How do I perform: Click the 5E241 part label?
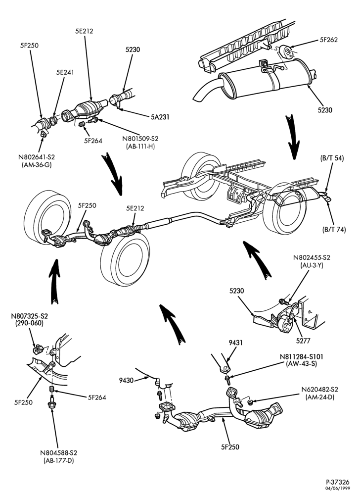click(x=65, y=72)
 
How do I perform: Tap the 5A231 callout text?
click(x=160, y=117)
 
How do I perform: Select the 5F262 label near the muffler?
click(x=328, y=40)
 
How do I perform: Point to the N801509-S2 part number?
click(x=140, y=139)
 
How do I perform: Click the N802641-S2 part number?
click(x=37, y=157)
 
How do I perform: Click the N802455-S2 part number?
click(x=312, y=257)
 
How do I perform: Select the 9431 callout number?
click(x=235, y=343)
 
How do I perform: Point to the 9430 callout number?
click(x=127, y=380)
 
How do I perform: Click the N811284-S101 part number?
click(x=301, y=357)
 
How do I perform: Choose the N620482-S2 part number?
click(x=319, y=390)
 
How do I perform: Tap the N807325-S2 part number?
click(x=30, y=316)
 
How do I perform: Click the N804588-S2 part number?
click(x=59, y=453)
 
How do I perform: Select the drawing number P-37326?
click(x=338, y=482)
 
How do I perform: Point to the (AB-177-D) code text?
click(x=59, y=460)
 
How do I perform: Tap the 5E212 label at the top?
click(x=84, y=31)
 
